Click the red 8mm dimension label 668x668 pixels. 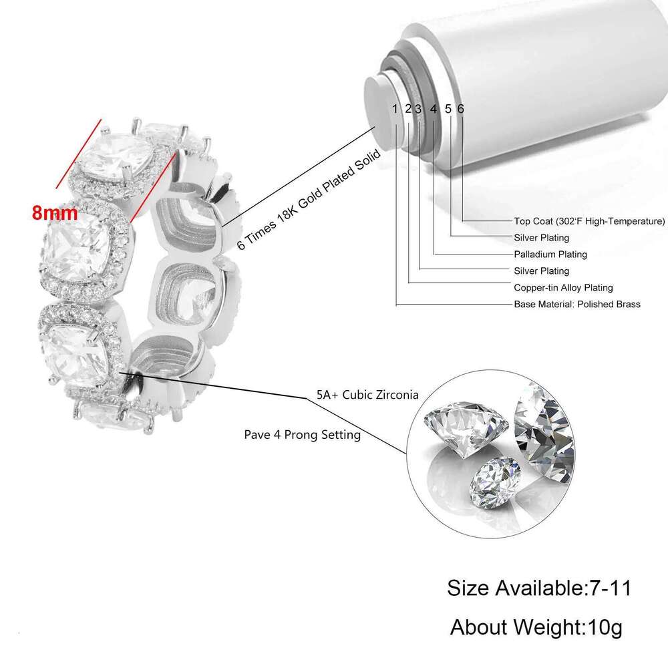coord(55,213)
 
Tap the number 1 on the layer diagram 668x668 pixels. coord(395,109)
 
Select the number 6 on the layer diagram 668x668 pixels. coord(460,109)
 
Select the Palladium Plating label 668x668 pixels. coord(550,255)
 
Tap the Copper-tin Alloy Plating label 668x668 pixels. coord(563,288)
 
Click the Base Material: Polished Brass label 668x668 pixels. coord(577,305)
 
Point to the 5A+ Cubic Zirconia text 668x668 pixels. coord(367,395)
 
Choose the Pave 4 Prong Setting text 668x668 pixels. coord(303,435)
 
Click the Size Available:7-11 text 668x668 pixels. coord(539,588)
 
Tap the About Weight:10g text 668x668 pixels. coord(536,627)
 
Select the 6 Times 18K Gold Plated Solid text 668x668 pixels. coord(309,200)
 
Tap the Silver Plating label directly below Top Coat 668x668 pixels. coord(541,238)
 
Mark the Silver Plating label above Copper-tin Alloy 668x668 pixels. coord(541,271)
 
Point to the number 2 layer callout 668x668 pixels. coord(408,109)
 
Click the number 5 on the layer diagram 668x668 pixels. coord(448,109)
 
